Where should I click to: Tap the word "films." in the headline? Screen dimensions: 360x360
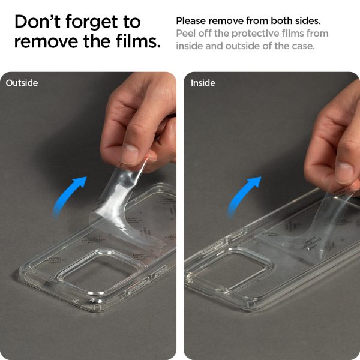tap(139, 42)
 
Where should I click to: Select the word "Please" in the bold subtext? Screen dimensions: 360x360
tap(190, 20)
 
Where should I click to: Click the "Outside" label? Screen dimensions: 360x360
tap(22, 83)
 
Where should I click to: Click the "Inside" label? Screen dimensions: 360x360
tap(203, 83)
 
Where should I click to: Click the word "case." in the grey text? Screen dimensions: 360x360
tap(302, 46)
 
